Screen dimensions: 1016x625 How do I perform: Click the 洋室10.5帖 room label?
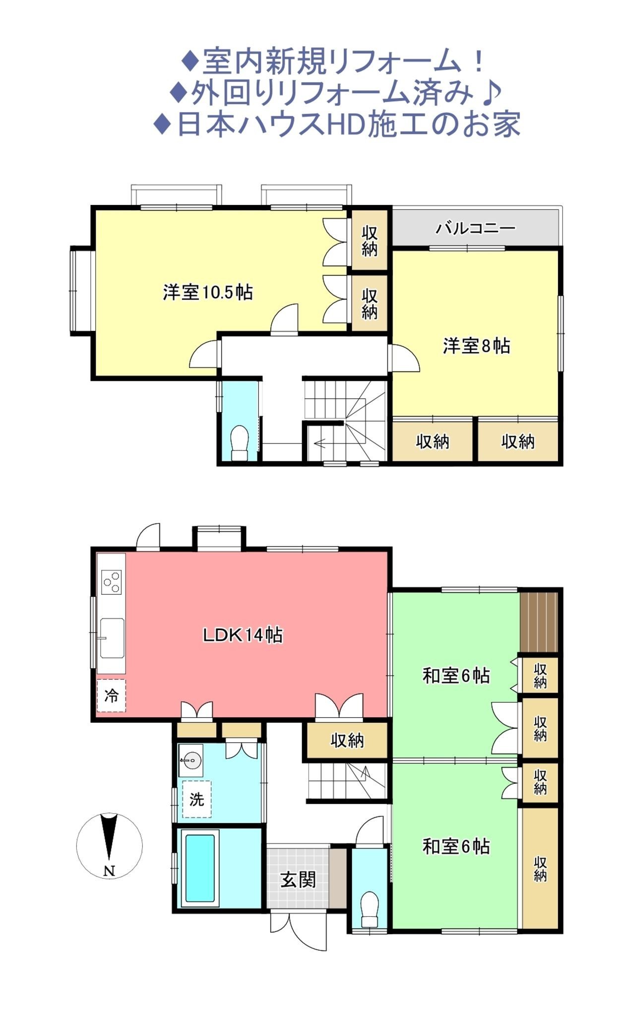pos(208,292)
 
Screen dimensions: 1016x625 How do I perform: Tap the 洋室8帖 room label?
pos(476,346)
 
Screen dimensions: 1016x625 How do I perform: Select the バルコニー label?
pos(476,228)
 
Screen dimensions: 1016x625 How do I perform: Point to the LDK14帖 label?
pos(243,635)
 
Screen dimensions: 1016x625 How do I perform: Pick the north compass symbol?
pos(109,846)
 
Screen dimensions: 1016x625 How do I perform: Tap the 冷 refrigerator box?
pos(111,696)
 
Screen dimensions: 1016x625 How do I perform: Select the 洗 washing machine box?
pos(196,799)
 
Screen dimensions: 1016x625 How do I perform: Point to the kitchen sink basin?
pos(112,638)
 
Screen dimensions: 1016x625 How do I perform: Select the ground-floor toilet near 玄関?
pos(370,909)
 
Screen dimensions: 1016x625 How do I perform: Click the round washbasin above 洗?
pos(191,760)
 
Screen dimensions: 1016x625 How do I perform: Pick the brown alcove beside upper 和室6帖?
pos(539,622)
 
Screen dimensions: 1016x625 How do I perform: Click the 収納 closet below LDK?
pos(347,741)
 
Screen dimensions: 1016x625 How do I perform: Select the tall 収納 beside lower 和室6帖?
pos(540,869)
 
